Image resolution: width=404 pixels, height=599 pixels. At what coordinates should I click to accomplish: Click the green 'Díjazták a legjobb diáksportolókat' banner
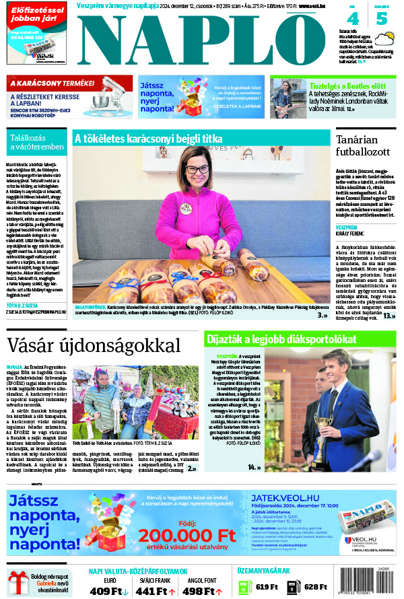[x=300, y=340]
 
